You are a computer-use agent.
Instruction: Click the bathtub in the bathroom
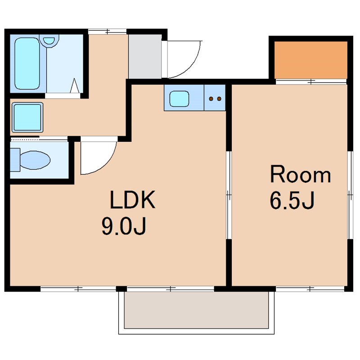(x=27, y=63)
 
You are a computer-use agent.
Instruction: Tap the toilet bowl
(x=35, y=160)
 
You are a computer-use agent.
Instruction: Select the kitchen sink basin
(x=179, y=99)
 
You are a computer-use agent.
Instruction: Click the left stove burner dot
(x=211, y=99)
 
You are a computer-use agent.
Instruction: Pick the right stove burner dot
(x=219, y=99)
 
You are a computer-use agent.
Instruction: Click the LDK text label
(x=133, y=200)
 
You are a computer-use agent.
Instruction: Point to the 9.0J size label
(x=124, y=226)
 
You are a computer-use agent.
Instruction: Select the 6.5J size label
(x=292, y=200)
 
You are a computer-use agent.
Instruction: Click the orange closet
(x=311, y=60)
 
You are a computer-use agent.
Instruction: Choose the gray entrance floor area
(x=145, y=57)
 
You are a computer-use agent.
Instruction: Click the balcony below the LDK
(x=196, y=310)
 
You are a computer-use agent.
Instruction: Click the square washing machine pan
(x=27, y=117)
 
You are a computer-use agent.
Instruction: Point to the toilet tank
(x=15, y=160)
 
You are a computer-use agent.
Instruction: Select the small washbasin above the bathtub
(x=49, y=40)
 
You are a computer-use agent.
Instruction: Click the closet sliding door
(x=311, y=81)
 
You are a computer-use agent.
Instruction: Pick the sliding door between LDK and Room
(x=229, y=195)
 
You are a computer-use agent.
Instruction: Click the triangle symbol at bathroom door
(x=75, y=85)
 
